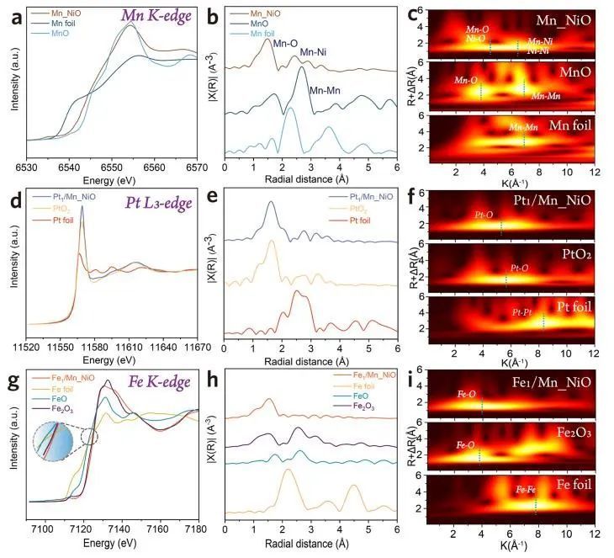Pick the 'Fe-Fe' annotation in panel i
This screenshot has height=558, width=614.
coord(527,489)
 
